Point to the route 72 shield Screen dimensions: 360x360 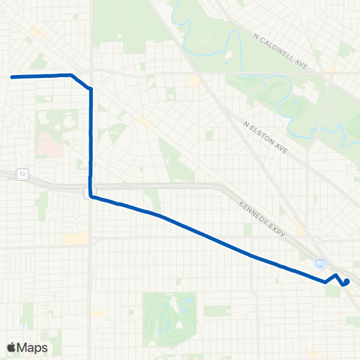[x=23, y=175]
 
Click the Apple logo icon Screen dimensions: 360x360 [x=13, y=347]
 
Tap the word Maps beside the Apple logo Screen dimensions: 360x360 [x=33, y=347]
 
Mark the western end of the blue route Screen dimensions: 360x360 [x=12, y=76]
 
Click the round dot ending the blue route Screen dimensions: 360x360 [x=346, y=282]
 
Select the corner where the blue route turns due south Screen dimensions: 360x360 [x=91, y=89]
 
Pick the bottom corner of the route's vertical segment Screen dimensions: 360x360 [x=91, y=196]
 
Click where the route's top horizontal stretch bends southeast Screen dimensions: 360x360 [x=71, y=75]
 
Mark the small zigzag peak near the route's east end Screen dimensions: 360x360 [x=334, y=276]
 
